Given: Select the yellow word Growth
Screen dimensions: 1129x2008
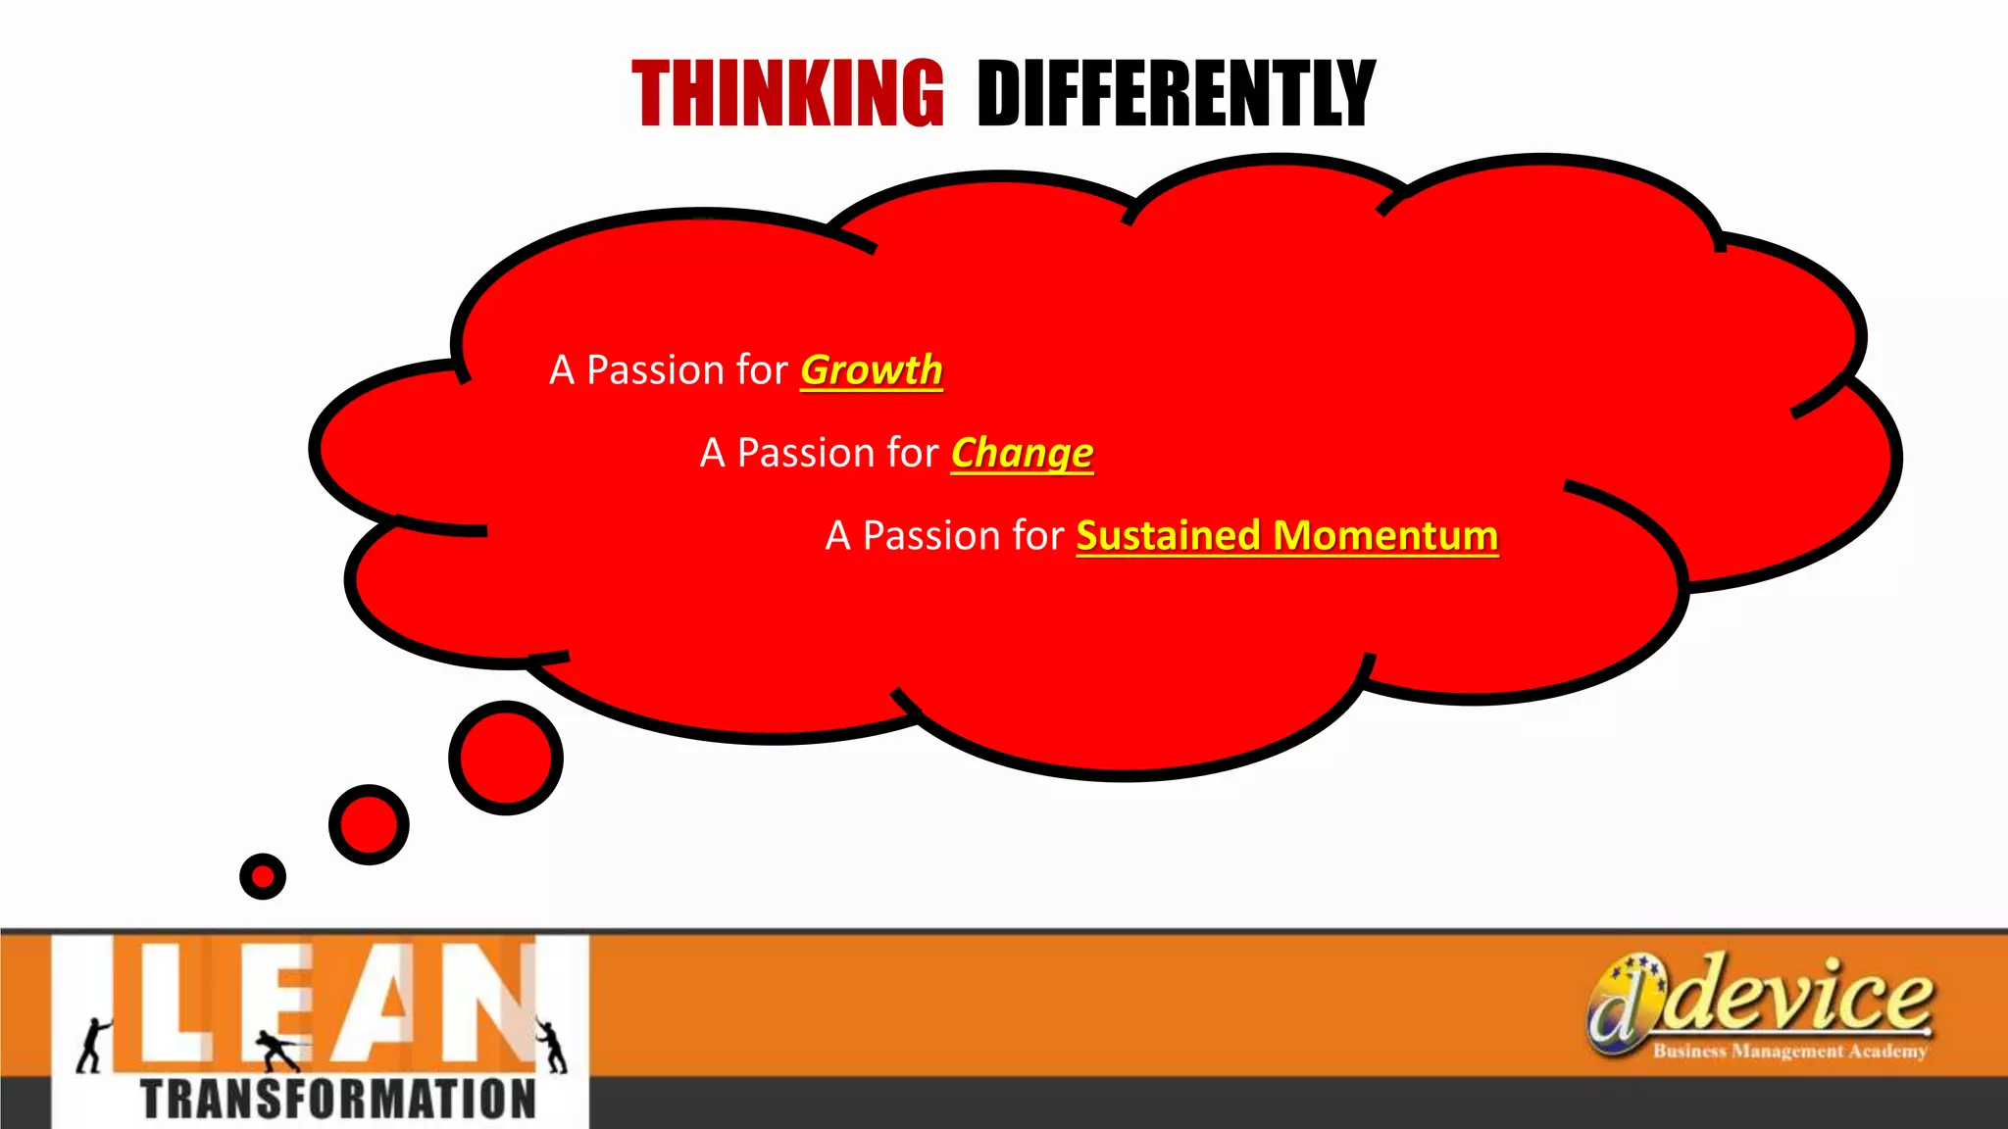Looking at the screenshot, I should (871, 370).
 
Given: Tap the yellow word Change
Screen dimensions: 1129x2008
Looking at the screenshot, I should (1022, 454).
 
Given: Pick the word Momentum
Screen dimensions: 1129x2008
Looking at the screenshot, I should (1385, 536).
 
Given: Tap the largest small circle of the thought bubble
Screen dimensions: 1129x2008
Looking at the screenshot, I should (506, 758).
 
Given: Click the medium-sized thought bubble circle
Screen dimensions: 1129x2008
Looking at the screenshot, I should (369, 824).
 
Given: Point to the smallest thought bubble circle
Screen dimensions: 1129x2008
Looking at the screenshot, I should (263, 876).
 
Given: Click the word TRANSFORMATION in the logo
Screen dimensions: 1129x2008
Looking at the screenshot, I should (338, 1099).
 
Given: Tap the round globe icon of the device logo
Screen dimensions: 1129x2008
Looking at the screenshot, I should (1623, 1005).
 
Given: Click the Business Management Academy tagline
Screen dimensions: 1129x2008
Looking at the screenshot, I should (1789, 1052).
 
